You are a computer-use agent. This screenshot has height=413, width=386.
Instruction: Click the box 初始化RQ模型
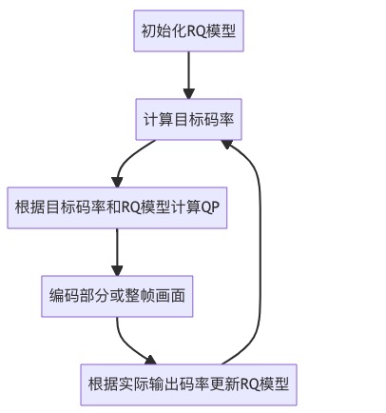tap(188, 31)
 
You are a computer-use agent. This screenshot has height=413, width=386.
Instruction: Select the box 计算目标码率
tap(188, 120)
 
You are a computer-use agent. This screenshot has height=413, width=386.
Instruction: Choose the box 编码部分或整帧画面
tap(118, 297)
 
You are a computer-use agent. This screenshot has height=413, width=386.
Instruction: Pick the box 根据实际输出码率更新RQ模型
tap(188, 384)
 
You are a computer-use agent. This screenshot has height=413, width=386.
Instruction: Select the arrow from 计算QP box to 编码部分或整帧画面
tap(118, 251)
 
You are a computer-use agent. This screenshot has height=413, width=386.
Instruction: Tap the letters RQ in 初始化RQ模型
tap(195, 31)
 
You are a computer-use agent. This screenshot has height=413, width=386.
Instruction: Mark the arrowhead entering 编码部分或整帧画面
tap(118, 269)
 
